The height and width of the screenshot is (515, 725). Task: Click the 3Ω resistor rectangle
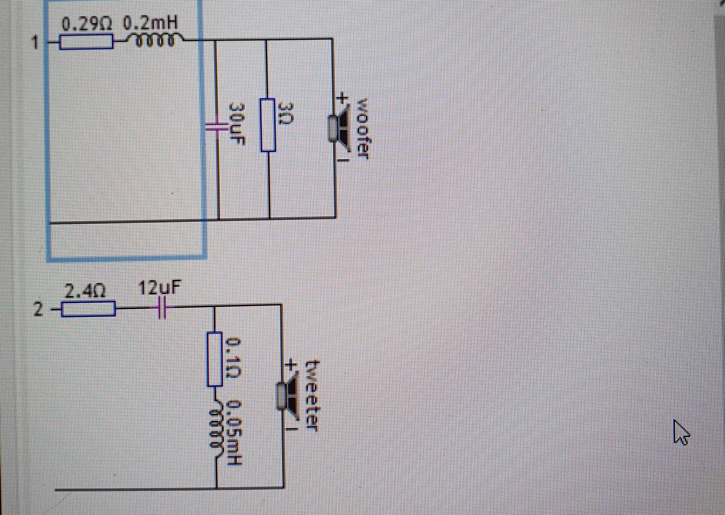pos(268,125)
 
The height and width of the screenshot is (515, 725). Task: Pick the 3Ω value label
pos(284,114)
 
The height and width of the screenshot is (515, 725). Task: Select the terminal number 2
pos(38,309)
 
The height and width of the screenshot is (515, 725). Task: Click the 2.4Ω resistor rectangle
pos(88,309)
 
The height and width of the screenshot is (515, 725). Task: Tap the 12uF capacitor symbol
pos(162,307)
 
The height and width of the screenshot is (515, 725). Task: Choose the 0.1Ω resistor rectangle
pos(215,359)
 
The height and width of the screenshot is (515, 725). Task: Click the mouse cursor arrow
pos(681,432)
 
